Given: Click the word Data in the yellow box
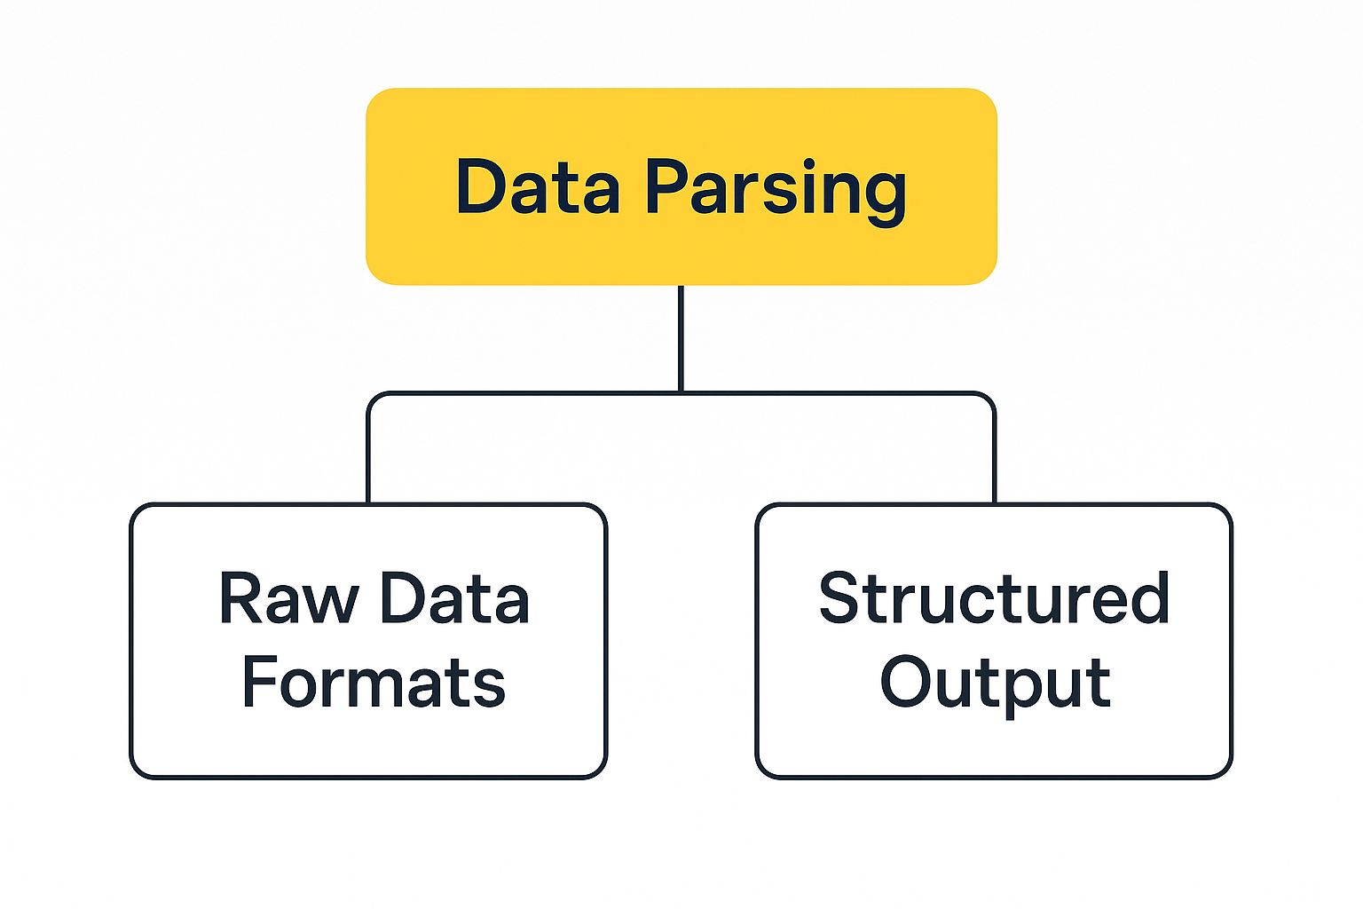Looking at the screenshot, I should coord(538,186).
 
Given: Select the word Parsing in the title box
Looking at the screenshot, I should coord(775,188).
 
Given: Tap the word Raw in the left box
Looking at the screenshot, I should coord(288,599).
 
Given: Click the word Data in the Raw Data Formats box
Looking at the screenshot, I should coord(453,599).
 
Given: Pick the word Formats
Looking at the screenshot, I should coord(374,683).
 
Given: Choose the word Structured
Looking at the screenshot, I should coord(994,598).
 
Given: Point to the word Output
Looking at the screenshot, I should coord(995,684).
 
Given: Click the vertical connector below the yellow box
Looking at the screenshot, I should coord(681,337).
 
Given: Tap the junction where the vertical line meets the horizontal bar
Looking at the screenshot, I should coord(681,392).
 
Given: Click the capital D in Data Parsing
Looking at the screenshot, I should coord(480,186).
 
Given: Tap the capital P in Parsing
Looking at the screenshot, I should coord(666,186).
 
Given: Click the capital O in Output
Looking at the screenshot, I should coord(908,682).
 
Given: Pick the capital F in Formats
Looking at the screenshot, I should coord(258,683).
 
